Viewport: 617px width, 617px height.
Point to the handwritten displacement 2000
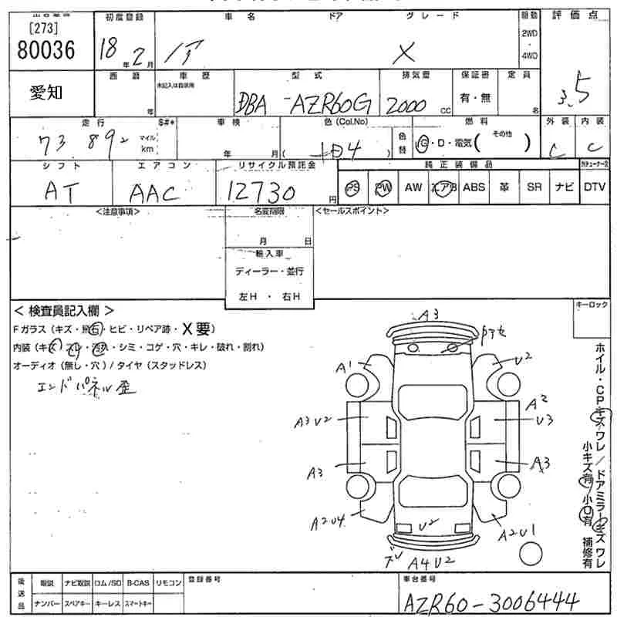coord(408,106)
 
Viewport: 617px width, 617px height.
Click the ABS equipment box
coord(474,187)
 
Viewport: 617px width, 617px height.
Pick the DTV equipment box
coord(594,187)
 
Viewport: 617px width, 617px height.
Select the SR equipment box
coord(534,187)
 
